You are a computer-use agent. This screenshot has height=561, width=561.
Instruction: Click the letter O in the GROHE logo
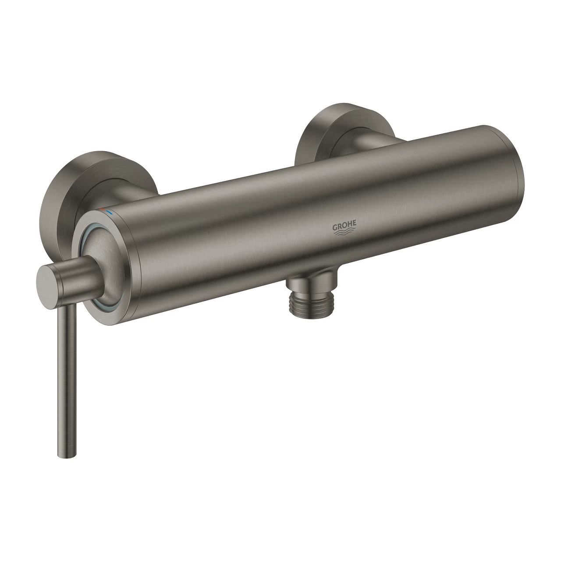tap(342, 226)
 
